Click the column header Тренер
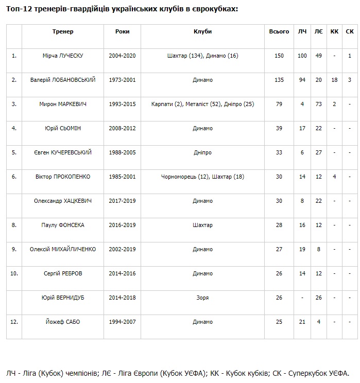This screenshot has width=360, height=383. (63, 31)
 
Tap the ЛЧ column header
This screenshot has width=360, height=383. (302, 31)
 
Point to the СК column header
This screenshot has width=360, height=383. (350, 31)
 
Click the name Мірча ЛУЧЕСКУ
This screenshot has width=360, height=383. (63, 56)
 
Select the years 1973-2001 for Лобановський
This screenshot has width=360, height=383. (123, 80)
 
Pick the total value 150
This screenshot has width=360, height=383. (279, 56)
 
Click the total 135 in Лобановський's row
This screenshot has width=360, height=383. (279, 80)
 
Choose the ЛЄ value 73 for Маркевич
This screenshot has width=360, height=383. (318, 104)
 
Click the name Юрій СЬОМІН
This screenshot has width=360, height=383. (63, 128)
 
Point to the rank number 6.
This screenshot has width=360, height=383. (14, 177)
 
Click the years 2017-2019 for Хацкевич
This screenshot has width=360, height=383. (123, 201)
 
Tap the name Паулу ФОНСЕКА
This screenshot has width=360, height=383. (63, 225)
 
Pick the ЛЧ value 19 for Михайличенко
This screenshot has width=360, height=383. (302, 249)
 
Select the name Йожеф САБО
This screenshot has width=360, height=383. (63, 322)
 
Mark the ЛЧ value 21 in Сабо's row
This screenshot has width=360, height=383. (302, 322)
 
